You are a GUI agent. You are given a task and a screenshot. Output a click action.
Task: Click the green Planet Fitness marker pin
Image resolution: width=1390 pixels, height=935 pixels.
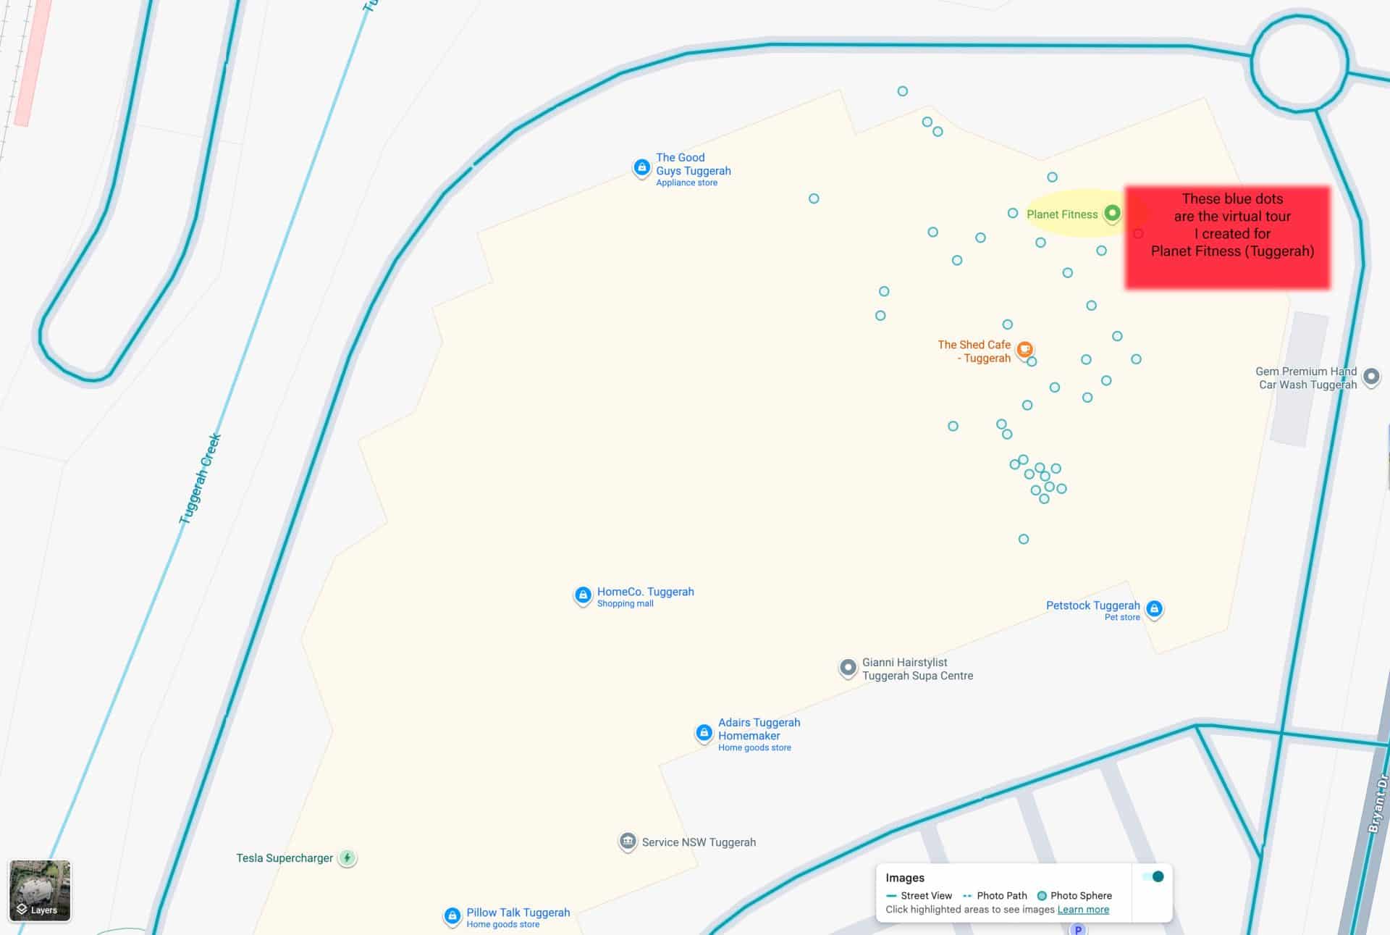(x=1112, y=213)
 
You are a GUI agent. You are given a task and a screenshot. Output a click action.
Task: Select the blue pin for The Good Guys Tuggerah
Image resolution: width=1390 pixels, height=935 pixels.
(x=641, y=168)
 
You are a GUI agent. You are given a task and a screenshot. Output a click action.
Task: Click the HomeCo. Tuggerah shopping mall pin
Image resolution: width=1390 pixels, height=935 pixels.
(x=583, y=595)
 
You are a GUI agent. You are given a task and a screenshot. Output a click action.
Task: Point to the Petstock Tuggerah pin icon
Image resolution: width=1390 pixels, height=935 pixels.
(x=1154, y=608)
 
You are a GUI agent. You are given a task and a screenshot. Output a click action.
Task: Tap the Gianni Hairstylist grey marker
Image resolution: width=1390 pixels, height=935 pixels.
(x=848, y=667)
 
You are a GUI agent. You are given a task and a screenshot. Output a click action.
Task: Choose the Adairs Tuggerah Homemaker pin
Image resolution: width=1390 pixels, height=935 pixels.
(x=704, y=733)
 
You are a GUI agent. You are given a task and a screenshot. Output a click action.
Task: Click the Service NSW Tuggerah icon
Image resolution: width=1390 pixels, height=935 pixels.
(x=628, y=842)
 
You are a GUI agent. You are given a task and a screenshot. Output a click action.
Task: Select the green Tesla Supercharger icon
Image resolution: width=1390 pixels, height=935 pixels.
(x=347, y=858)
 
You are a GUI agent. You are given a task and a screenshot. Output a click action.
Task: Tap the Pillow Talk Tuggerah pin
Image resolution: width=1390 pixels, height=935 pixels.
(x=452, y=916)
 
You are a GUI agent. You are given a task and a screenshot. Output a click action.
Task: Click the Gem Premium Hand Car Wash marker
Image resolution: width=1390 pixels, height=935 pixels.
(x=1370, y=377)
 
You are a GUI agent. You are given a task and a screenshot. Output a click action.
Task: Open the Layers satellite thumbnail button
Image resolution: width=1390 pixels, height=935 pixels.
(x=40, y=890)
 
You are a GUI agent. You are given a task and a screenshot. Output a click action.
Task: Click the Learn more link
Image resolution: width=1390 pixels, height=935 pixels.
(x=1083, y=910)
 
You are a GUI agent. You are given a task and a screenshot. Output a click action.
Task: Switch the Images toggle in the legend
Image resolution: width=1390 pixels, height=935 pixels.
(x=1153, y=877)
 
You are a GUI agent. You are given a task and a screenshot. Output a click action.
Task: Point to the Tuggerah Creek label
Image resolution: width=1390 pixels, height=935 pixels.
(x=200, y=479)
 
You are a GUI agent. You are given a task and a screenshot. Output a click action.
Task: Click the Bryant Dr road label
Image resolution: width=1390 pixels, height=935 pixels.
(x=1378, y=803)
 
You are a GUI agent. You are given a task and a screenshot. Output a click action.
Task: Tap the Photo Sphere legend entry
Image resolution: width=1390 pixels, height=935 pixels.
(x=1074, y=896)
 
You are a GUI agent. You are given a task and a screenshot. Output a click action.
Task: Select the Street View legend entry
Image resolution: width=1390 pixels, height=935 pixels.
(x=919, y=896)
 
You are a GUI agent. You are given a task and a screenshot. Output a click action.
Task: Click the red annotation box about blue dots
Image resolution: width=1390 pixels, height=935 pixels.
(x=1228, y=238)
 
